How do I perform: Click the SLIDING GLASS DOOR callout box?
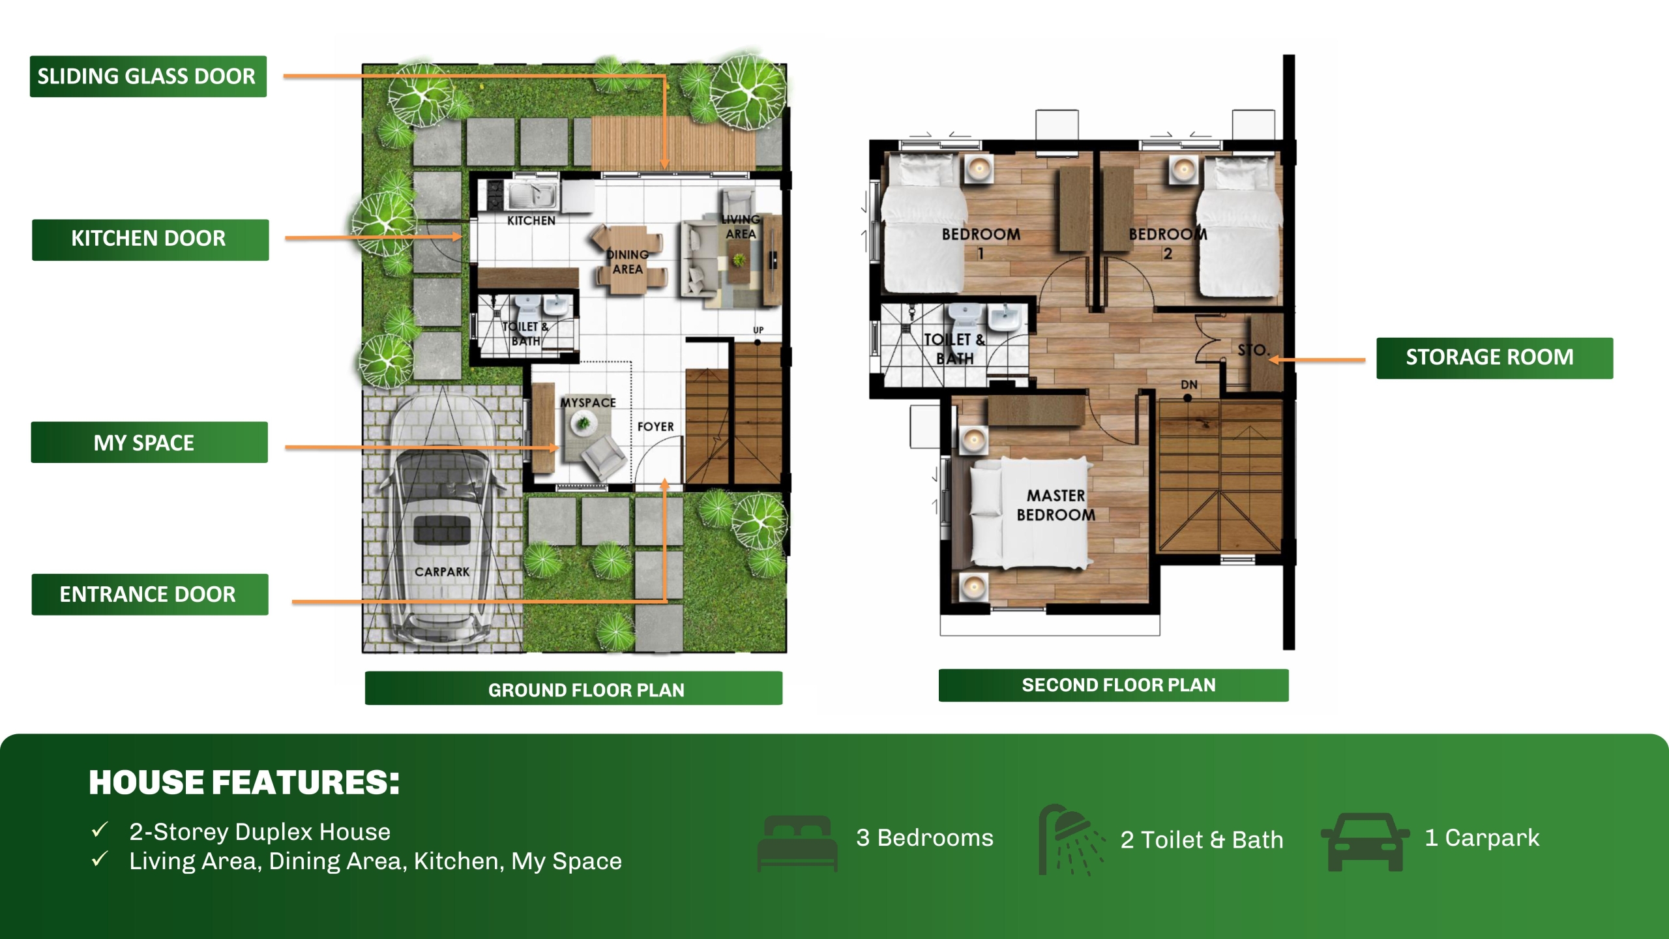coord(148,76)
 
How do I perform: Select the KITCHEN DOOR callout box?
coord(150,239)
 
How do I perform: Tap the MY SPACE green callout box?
coord(149,442)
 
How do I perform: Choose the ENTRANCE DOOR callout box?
coord(150,594)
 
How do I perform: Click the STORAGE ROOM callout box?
coord(1494,358)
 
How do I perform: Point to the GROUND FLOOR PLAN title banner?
coord(574,688)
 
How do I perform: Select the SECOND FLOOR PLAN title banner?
coord(1114,685)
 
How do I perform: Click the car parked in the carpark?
coord(442,518)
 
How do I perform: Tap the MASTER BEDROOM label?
coord(1056,505)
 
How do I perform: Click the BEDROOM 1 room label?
coord(981,243)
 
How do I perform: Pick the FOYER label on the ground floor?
coord(656,426)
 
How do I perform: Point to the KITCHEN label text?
coord(531,220)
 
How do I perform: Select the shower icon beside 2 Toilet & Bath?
coord(1071,840)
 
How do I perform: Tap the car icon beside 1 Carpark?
coord(1365,841)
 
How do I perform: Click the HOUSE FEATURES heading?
coord(244,782)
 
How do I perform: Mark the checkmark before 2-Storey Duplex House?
coord(100,830)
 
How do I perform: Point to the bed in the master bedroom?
coord(1030,512)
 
